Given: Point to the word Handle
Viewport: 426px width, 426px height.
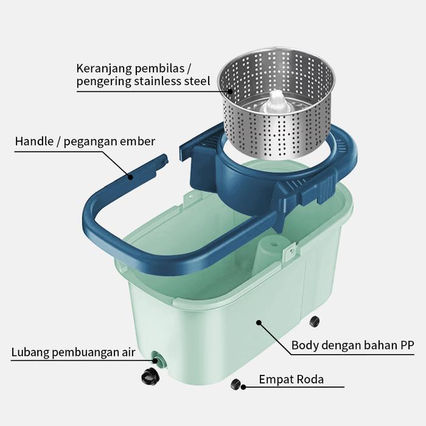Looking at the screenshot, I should [x=34, y=142].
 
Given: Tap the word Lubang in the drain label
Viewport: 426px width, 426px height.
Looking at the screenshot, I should [x=29, y=352].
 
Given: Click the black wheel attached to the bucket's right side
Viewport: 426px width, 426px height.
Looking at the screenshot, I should [x=314, y=321].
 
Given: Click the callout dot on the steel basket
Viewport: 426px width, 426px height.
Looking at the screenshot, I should [x=230, y=91].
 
